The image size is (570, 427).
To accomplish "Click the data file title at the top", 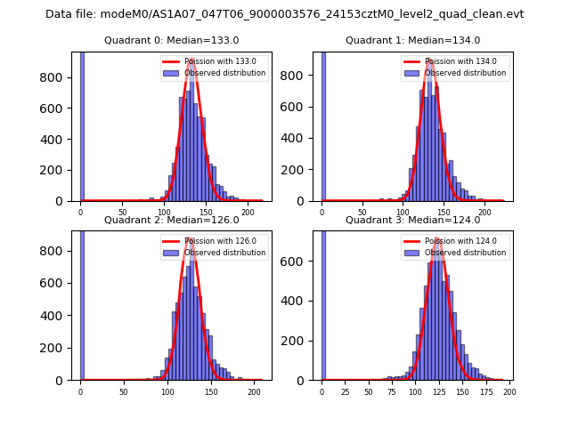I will (284, 14).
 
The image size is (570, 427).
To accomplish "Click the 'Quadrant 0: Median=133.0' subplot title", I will (171, 40).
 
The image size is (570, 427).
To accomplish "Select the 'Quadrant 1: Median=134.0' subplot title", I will (412, 40).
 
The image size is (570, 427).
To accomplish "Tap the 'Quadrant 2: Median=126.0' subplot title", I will (171, 220).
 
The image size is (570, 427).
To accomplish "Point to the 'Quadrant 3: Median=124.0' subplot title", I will (412, 220).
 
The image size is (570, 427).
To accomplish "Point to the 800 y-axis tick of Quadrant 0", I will (59, 77).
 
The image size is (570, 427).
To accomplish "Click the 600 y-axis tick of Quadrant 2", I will (59, 283).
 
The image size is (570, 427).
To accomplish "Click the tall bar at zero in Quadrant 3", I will (323, 302).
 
